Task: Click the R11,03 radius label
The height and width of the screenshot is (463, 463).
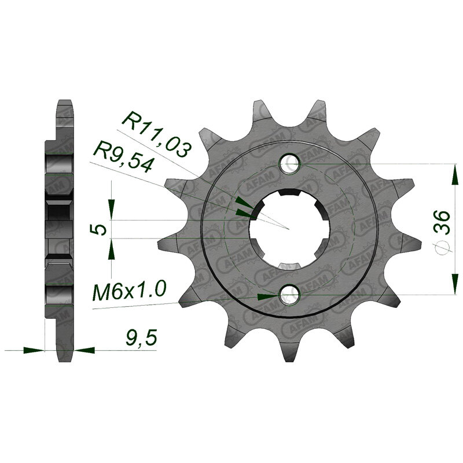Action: click(156, 135)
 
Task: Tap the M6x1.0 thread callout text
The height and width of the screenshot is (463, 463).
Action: click(129, 291)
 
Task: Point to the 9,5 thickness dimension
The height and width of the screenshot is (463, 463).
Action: click(141, 339)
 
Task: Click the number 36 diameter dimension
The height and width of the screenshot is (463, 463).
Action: click(442, 223)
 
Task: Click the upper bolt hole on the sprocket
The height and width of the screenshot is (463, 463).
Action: click(291, 163)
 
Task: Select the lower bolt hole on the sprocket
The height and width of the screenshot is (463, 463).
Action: click(291, 295)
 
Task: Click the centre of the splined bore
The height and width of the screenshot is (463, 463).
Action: click(290, 229)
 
